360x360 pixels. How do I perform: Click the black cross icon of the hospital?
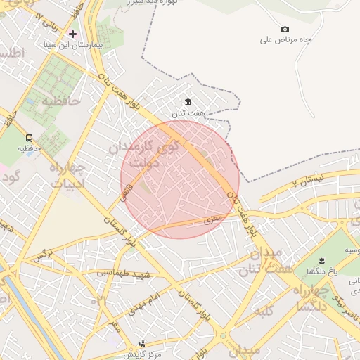tap(72, 34)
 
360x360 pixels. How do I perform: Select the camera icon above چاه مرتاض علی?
tap(285, 29)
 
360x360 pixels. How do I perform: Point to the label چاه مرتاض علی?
tap(285, 40)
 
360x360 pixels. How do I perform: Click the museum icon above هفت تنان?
tap(188, 102)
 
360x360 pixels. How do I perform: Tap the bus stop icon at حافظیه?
tap(29, 138)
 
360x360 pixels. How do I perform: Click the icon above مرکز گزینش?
tap(143, 344)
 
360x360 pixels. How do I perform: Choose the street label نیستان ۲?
tap(307, 182)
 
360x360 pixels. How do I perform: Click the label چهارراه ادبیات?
tap(67, 176)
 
